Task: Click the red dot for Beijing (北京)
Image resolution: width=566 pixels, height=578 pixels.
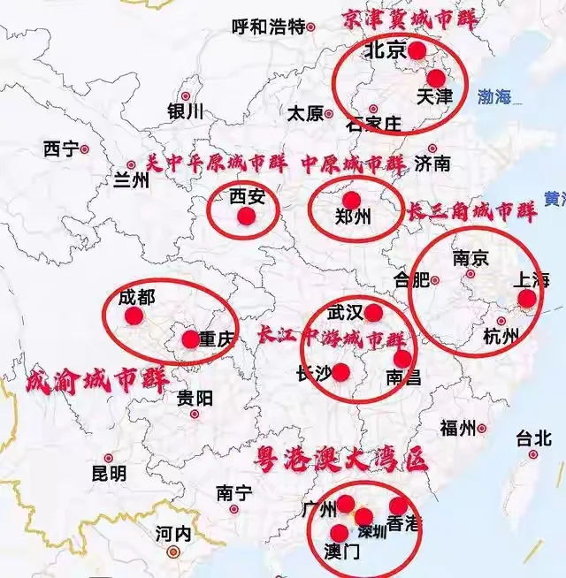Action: tap(417, 50)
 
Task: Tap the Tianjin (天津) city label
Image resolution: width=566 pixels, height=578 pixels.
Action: tap(433, 95)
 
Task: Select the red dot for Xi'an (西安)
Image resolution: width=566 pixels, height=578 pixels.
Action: tap(246, 216)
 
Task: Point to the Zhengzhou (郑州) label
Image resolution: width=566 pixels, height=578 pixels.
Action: tap(354, 217)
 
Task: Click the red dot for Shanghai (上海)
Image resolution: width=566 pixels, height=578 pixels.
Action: tap(526, 299)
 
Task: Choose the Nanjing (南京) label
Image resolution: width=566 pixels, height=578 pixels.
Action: tap(470, 259)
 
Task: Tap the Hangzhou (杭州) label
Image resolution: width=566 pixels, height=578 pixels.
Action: tap(503, 336)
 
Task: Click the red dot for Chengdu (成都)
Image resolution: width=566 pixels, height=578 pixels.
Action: tap(134, 316)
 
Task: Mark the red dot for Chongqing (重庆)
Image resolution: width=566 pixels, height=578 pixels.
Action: tap(190, 338)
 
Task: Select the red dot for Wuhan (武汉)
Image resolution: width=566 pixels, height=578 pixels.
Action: tap(373, 312)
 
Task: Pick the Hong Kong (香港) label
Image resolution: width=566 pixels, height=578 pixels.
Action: tap(404, 524)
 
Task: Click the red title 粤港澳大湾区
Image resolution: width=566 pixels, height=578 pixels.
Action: tap(340, 460)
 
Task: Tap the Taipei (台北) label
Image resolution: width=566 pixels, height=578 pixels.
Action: tap(533, 437)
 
